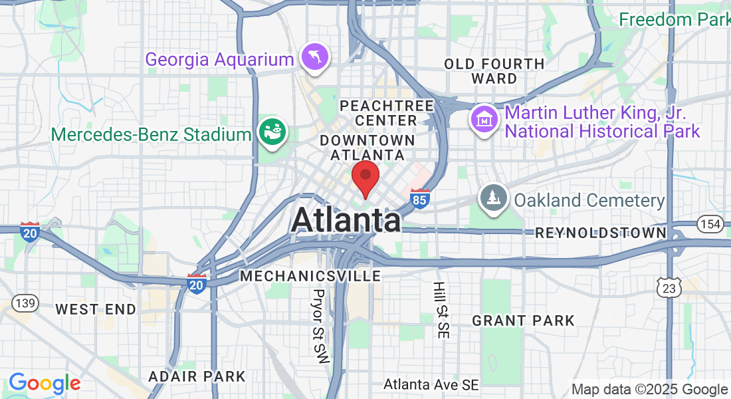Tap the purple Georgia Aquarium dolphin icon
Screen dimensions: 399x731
click(312, 57)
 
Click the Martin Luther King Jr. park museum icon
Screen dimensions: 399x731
click(485, 120)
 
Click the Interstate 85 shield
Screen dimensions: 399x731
click(419, 199)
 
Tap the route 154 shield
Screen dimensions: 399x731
click(711, 224)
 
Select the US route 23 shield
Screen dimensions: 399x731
click(669, 287)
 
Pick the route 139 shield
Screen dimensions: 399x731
click(25, 303)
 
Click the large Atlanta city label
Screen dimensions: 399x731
click(346, 220)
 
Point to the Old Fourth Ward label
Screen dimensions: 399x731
click(494, 71)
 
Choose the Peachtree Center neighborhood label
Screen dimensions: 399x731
click(385, 113)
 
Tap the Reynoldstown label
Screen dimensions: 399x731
click(600, 233)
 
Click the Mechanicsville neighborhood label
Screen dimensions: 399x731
click(310, 275)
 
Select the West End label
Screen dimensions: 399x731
click(96, 309)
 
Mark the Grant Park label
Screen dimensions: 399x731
click(523, 321)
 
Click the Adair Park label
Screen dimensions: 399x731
click(197, 376)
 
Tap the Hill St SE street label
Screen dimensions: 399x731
click(440, 310)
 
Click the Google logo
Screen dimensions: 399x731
click(45, 384)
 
